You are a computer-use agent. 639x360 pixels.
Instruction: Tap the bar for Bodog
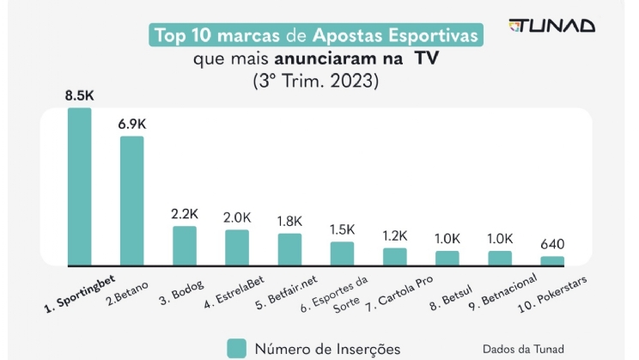click(x=185, y=245)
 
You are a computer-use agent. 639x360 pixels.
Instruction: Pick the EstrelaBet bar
click(x=237, y=247)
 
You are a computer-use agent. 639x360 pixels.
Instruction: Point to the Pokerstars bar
click(x=552, y=259)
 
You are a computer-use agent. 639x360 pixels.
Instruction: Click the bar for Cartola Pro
click(x=394, y=255)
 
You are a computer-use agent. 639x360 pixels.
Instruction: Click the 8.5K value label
click(x=79, y=95)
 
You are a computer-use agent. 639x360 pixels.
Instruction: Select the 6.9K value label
click(x=132, y=124)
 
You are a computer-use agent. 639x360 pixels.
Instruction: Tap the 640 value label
click(x=552, y=244)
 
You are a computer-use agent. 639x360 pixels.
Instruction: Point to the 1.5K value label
click(x=342, y=229)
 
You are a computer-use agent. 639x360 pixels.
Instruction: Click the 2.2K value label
click(x=185, y=214)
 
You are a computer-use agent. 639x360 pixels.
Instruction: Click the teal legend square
click(x=237, y=347)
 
